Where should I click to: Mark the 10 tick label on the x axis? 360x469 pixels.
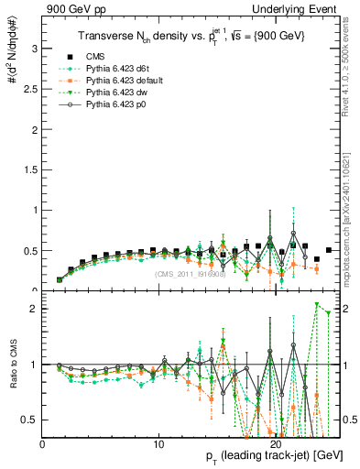[x=159, y=444]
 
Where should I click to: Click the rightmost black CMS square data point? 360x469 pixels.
[x=328, y=250]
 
